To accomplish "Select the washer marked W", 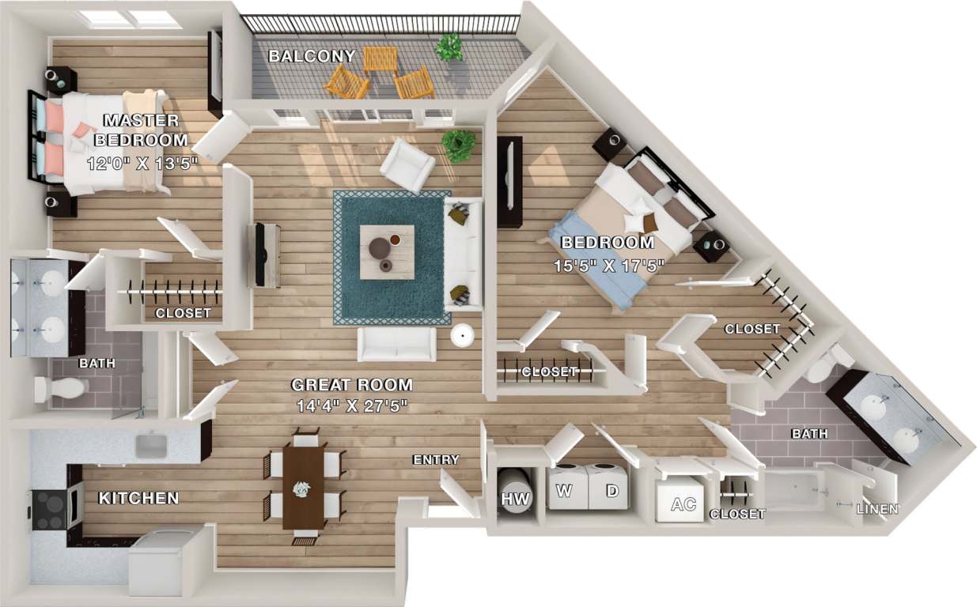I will (x=565, y=490).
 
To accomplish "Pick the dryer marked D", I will (x=610, y=490).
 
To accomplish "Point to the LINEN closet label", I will (x=877, y=509).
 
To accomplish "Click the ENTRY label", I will (x=435, y=460).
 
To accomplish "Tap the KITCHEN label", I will (x=138, y=499).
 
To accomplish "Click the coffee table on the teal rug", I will (x=387, y=251).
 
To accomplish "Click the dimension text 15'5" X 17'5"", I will (x=608, y=266).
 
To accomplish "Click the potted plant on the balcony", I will (x=449, y=47).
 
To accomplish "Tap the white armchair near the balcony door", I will (x=407, y=165).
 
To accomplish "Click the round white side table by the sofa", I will (x=462, y=335).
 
